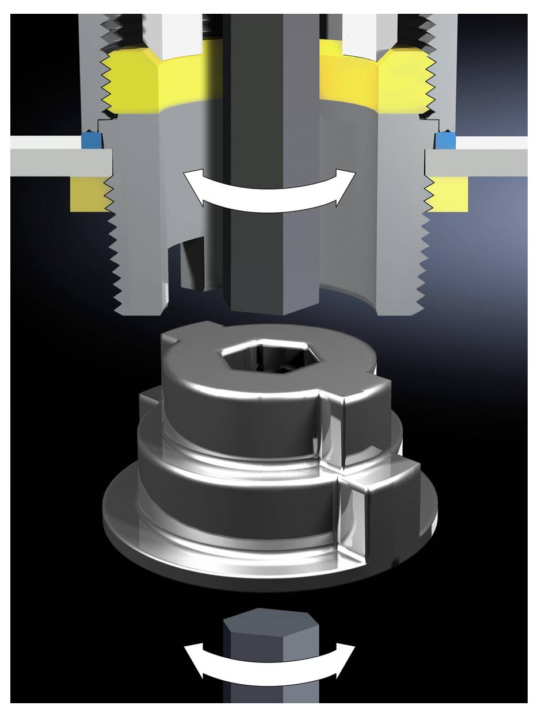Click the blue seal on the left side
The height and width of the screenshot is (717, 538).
pyautogui.click(x=90, y=140)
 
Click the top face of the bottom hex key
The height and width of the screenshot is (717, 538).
pyautogui.click(x=270, y=619)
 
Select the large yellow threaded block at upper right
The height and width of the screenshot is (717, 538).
pyautogui.click(x=403, y=80)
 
